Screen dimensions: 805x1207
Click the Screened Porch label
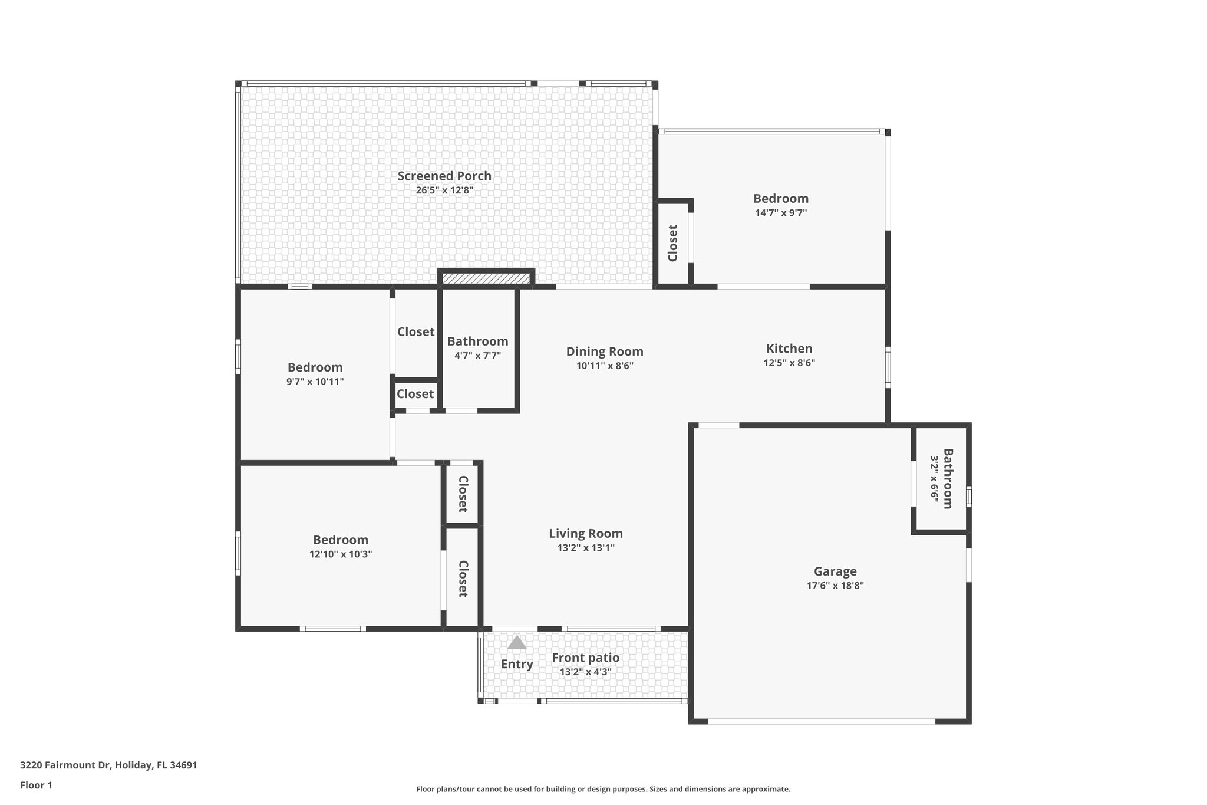click(444, 176)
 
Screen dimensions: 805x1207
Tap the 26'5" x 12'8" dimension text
click(444, 190)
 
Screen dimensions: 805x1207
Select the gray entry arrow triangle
click(516, 642)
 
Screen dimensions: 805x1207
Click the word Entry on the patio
click(517, 664)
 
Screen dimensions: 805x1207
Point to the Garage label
click(835, 571)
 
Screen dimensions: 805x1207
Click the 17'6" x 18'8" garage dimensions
click(835, 586)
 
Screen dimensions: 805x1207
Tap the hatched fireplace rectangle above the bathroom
click(486, 278)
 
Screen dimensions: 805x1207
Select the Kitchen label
click(789, 349)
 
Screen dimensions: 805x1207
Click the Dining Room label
click(605, 351)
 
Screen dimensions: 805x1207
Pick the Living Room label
click(585, 534)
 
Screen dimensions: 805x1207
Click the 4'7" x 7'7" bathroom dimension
click(477, 356)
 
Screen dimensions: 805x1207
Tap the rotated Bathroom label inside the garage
click(948, 478)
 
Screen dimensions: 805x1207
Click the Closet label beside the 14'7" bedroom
click(672, 243)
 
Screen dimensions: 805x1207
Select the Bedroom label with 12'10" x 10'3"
click(341, 540)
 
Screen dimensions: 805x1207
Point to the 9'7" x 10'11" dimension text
click(315, 382)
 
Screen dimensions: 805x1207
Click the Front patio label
click(585, 658)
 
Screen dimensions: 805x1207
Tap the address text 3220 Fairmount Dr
click(108, 765)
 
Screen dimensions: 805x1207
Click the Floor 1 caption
click(36, 785)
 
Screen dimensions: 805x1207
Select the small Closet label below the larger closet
click(415, 394)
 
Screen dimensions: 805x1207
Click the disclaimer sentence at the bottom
click(603, 789)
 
